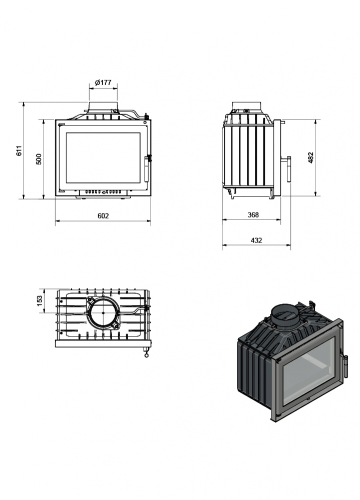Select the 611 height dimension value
click(x=19, y=150)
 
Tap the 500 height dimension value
click(x=39, y=159)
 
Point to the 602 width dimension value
click(x=103, y=215)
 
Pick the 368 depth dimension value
click(x=253, y=214)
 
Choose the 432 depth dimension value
click(x=256, y=240)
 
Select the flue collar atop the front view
click(x=104, y=108)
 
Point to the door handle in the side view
click(x=289, y=169)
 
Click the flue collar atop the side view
click(x=246, y=106)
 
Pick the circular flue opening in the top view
click(x=103, y=312)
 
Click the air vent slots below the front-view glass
click(x=103, y=191)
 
